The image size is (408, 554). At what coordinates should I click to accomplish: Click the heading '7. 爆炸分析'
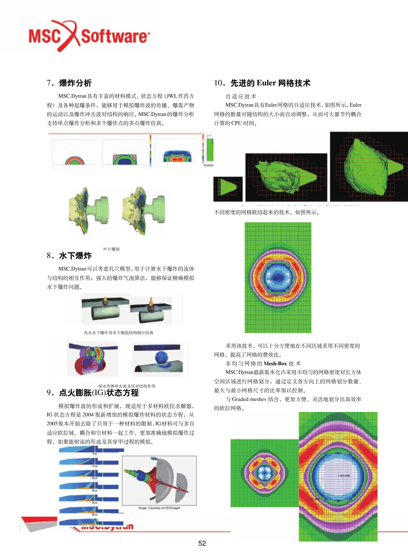[69, 83]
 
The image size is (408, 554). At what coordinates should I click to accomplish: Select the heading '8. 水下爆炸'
[69, 256]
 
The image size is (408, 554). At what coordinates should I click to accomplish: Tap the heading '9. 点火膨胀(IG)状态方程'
[93, 393]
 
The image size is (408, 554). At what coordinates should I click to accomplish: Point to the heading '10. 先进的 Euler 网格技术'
[262, 83]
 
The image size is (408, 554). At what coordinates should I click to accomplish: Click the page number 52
[202, 543]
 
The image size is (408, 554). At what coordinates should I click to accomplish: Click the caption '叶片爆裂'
[112, 249]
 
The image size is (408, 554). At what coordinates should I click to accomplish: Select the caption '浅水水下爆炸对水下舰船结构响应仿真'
[119, 333]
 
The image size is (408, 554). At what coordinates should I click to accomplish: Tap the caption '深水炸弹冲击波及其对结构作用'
[127, 386]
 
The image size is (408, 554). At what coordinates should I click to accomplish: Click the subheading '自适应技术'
[241, 97]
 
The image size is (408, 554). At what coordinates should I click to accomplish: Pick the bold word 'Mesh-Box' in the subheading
[275, 363]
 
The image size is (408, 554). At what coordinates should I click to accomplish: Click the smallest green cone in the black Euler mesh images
[228, 188]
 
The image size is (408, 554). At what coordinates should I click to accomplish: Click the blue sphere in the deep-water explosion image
[162, 357]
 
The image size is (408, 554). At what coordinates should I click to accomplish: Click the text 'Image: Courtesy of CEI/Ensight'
[159, 508]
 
